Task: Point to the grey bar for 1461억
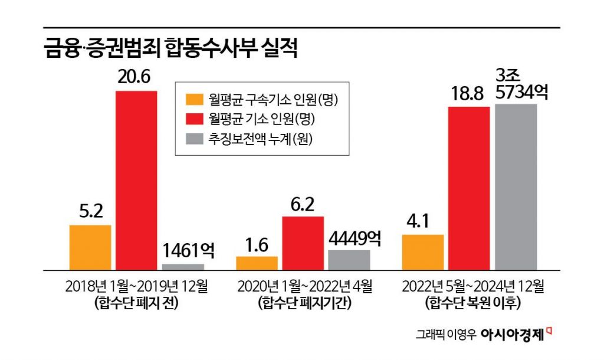(x=183, y=266)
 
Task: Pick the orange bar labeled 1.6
(x=257, y=263)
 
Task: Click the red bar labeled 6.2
(x=303, y=243)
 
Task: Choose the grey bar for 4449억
(x=349, y=260)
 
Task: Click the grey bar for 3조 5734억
(x=516, y=186)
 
